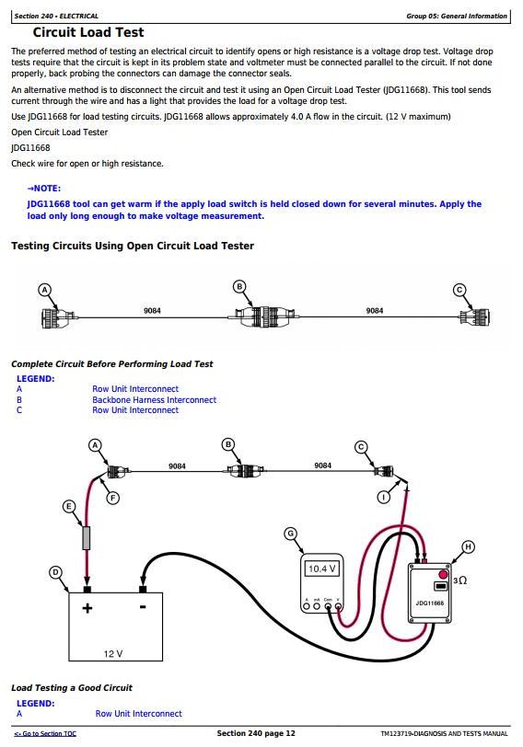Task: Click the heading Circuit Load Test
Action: tap(88, 32)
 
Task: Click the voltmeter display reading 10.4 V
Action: tap(322, 569)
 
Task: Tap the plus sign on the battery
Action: tap(87, 608)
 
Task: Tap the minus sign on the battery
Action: tap(143, 607)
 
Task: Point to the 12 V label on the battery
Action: tap(113, 653)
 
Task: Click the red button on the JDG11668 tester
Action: tap(444, 574)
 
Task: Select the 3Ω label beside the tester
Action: tap(460, 580)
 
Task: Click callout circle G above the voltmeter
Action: tap(290, 534)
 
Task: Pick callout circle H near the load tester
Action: tap(468, 546)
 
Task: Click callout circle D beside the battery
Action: tap(56, 572)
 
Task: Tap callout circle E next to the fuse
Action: tap(69, 506)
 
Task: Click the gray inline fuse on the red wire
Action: tap(87, 538)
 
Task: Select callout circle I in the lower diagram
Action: tap(384, 498)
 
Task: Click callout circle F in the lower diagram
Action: tap(112, 499)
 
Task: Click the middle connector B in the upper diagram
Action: tap(262, 316)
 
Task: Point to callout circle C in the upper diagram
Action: tap(459, 290)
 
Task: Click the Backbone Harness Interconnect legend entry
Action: tap(154, 399)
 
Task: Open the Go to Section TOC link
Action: tap(45, 734)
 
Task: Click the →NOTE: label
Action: tap(44, 189)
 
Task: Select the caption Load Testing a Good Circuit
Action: tap(72, 687)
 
